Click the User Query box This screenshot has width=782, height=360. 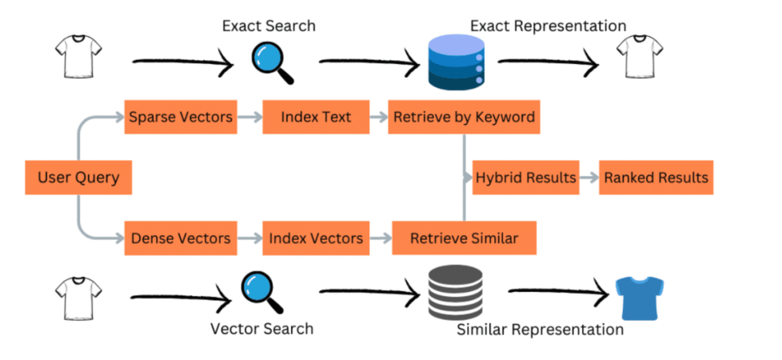click(x=78, y=178)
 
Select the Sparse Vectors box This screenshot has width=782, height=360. click(x=180, y=118)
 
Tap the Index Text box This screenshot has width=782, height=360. click(x=315, y=118)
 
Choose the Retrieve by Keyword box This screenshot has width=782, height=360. click(x=463, y=118)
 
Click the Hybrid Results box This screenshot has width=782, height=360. click(x=525, y=178)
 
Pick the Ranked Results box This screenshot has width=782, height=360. click(x=656, y=178)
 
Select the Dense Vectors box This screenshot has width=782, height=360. click(x=180, y=238)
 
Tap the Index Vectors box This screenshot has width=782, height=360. click(x=315, y=238)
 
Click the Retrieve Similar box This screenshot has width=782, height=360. click(x=463, y=238)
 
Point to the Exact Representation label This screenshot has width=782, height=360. click(x=548, y=26)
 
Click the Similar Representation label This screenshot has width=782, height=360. click(x=540, y=329)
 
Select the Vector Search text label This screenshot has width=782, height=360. click(x=261, y=328)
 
